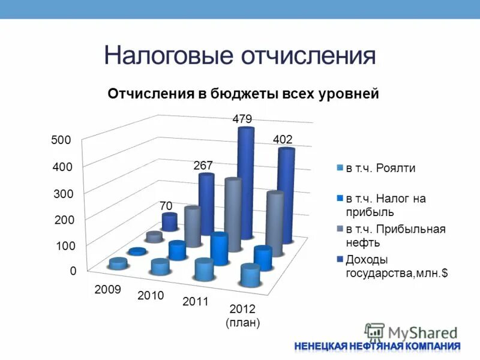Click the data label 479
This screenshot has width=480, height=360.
(x=242, y=119)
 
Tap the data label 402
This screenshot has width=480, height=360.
(x=283, y=139)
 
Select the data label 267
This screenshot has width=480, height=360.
(x=203, y=165)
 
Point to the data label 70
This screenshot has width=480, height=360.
(x=166, y=206)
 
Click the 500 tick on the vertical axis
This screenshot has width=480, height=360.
(x=61, y=140)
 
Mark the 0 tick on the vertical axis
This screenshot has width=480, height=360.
(x=73, y=271)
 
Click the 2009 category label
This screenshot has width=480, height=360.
(x=108, y=290)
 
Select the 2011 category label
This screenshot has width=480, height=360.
(x=195, y=302)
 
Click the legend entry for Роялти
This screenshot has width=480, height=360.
(x=380, y=168)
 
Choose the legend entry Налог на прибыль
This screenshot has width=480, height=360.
(x=385, y=205)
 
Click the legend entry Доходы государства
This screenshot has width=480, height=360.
(x=396, y=266)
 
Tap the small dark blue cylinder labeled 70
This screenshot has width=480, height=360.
(x=170, y=222)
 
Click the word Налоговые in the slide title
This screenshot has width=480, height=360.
(x=168, y=55)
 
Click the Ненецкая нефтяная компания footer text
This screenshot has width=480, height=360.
(x=377, y=346)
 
